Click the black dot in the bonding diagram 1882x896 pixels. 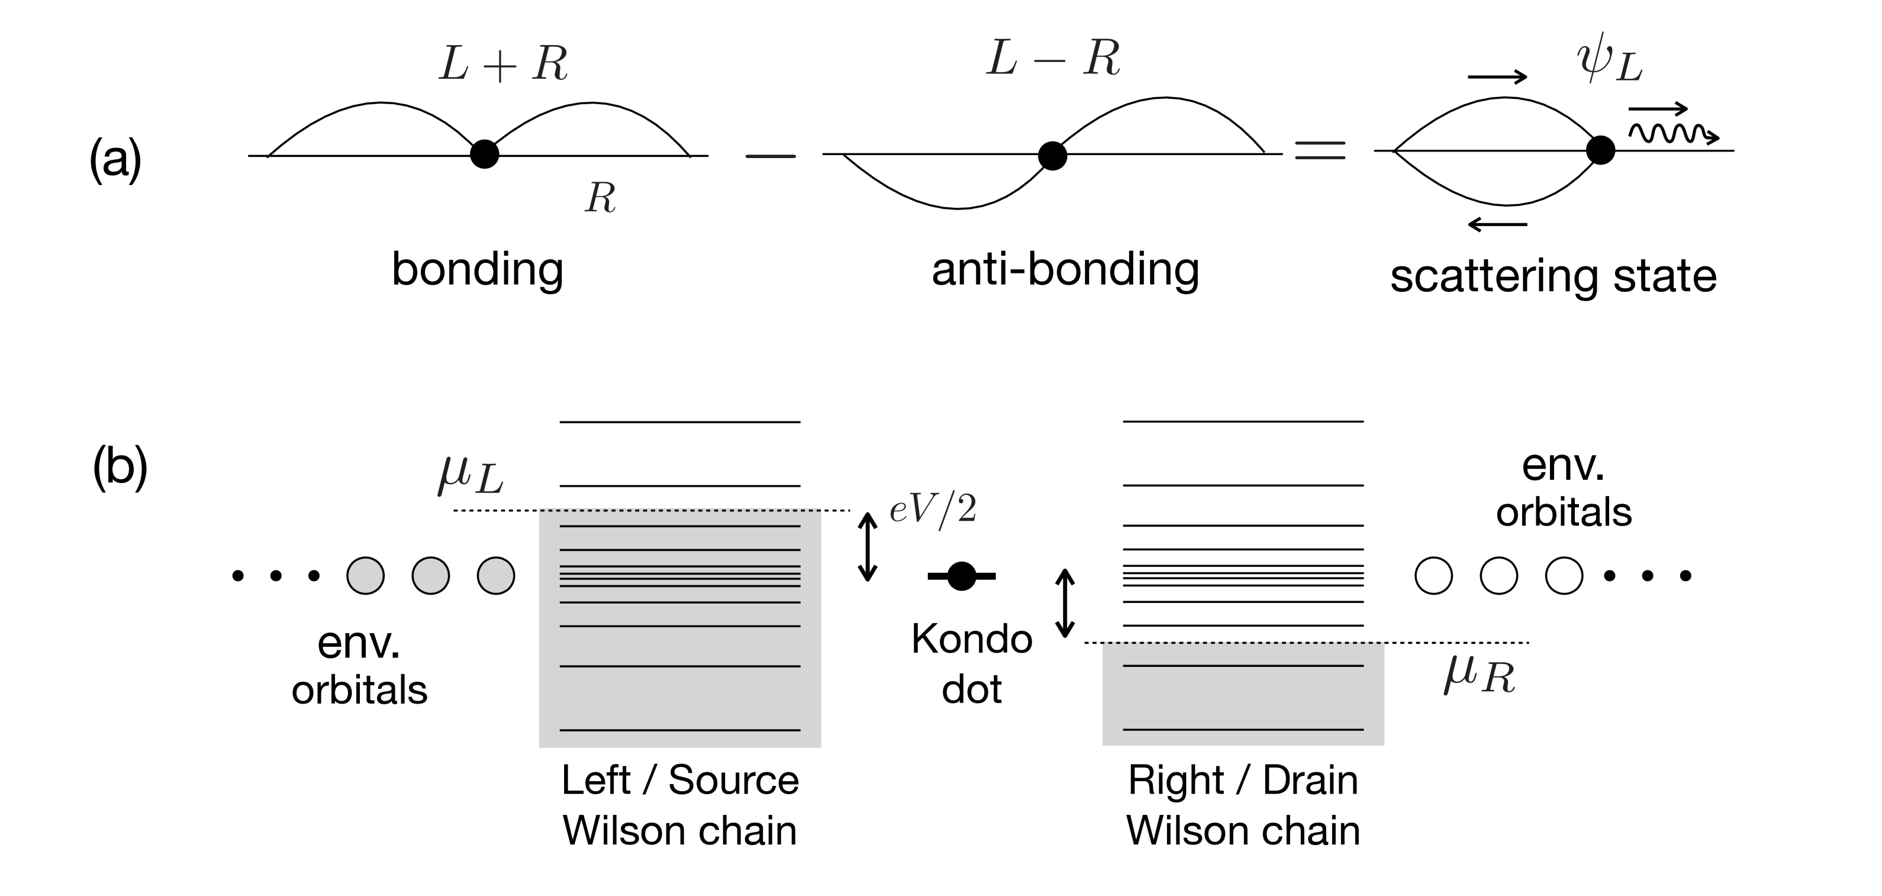tap(484, 154)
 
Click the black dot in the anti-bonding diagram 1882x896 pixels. tap(1052, 155)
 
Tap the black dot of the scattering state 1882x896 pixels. tap(1600, 150)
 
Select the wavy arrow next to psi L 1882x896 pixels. tap(1673, 133)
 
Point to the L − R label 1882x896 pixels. tap(1053, 59)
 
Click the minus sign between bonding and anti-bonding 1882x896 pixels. tap(770, 156)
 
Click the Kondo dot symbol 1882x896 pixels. tap(962, 576)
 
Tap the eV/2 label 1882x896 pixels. tap(933, 510)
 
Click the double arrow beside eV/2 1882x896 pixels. tap(867, 547)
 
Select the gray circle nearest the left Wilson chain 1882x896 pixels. tap(496, 575)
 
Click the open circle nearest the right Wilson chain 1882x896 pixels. tap(1433, 575)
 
